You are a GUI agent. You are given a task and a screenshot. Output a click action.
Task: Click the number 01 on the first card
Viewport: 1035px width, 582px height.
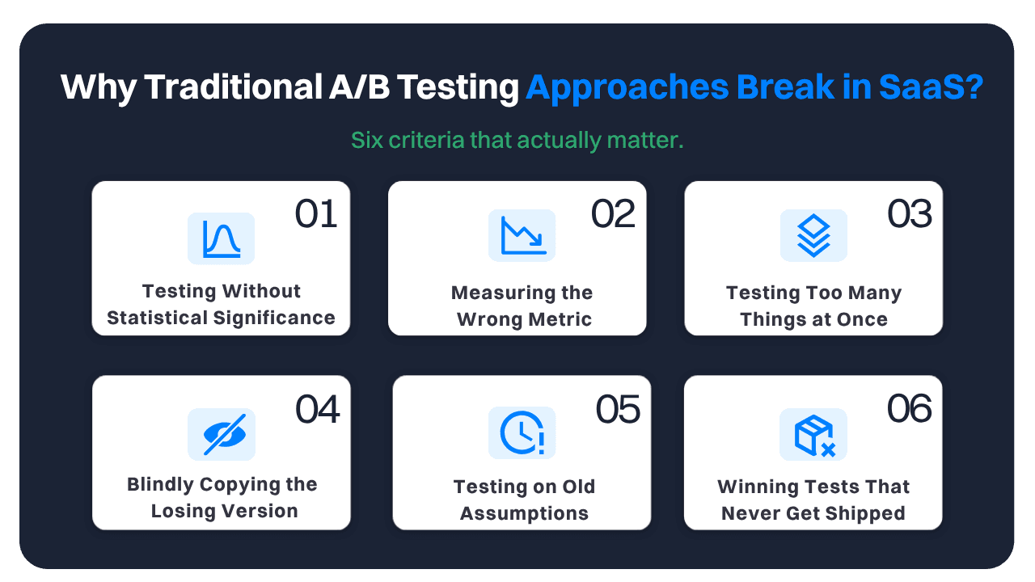[x=315, y=215]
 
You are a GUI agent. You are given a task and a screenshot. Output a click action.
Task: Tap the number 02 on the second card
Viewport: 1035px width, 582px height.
[x=613, y=215]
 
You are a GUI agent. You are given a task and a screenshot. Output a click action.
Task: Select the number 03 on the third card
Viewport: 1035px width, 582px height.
[x=910, y=215]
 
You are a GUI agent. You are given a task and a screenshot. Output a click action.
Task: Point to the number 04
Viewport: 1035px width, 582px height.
[x=317, y=410]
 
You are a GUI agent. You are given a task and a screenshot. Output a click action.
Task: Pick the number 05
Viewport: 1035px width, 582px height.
[x=618, y=410]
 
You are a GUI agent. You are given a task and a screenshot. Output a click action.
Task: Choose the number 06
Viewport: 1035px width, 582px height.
[x=910, y=410]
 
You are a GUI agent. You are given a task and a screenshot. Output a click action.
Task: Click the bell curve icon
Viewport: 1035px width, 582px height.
[x=221, y=238]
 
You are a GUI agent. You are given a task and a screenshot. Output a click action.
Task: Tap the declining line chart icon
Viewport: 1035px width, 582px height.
[x=522, y=235]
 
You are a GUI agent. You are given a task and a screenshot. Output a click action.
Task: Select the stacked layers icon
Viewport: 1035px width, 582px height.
[x=813, y=235]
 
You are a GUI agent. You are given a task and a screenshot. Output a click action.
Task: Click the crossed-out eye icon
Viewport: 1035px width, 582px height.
[x=221, y=434]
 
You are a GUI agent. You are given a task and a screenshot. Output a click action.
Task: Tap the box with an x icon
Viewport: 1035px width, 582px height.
[x=813, y=434]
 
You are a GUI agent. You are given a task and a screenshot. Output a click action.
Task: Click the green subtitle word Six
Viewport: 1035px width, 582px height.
[x=367, y=140]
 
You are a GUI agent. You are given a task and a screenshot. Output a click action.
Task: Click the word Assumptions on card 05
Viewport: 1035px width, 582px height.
[x=524, y=513]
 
